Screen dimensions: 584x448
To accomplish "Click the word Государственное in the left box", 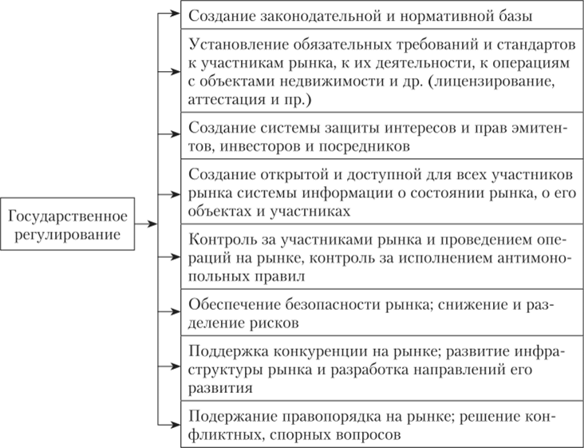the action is coord(67,216).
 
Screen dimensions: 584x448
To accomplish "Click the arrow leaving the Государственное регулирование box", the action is coord(146,224).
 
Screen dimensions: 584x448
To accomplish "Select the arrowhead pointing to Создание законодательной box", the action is coord(175,14).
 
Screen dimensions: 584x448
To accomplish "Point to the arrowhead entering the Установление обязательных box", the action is coord(175,72).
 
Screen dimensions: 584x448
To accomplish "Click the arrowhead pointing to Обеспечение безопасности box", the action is coord(175,311).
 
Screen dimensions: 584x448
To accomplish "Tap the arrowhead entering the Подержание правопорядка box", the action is coord(175,425).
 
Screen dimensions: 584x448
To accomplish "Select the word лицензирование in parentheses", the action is coord(491,81).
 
